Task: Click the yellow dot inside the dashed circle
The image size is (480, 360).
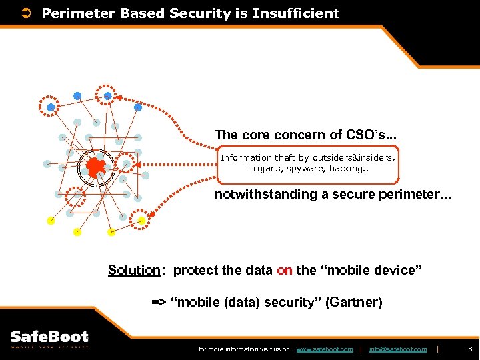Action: (141, 221)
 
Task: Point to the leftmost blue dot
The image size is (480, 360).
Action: (51, 107)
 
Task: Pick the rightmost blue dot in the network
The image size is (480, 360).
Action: (138, 107)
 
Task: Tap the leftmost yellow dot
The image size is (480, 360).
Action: (51, 221)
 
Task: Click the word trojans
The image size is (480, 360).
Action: (263, 169)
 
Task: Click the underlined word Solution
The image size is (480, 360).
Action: (134, 270)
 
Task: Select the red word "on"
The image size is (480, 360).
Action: (285, 270)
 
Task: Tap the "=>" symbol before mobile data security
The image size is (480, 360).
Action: (159, 303)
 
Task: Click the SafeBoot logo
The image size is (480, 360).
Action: (50, 339)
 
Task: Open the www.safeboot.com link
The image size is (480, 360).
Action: (324, 349)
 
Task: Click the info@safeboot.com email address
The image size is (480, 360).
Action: (397, 349)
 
